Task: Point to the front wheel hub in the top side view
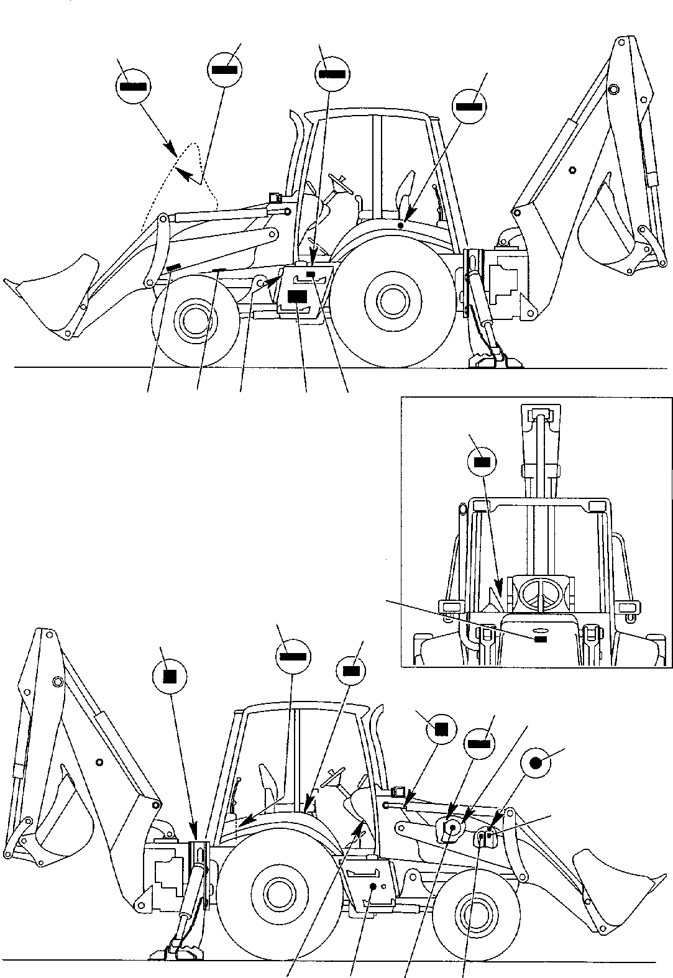(x=195, y=319)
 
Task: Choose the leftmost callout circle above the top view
(x=133, y=86)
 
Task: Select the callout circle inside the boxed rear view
(x=482, y=462)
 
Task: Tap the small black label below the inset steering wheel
(x=540, y=638)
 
